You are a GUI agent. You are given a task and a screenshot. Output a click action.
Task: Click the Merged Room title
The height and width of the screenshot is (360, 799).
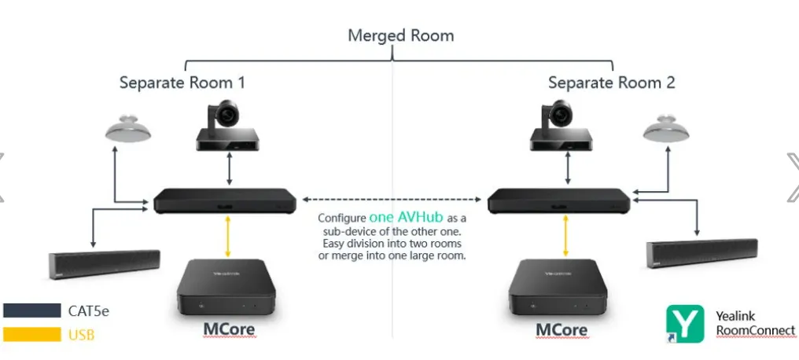pyautogui.click(x=400, y=35)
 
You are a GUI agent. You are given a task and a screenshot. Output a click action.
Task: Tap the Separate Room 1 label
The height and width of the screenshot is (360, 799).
pyautogui.click(x=182, y=83)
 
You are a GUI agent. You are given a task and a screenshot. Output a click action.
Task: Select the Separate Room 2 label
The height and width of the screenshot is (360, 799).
pyautogui.click(x=612, y=83)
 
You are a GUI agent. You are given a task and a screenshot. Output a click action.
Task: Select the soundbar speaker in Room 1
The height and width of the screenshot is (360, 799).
pyautogui.click(x=105, y=264)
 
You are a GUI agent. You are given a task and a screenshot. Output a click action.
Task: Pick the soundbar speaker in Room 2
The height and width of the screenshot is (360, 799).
pyautogui.click(x=701, y=253)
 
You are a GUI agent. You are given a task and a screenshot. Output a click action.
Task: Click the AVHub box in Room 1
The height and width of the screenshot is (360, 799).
pyautogui.click(x=225, y=200)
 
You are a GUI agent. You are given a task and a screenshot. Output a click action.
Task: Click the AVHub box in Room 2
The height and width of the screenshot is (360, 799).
pyautogui.click(x=559, y=200)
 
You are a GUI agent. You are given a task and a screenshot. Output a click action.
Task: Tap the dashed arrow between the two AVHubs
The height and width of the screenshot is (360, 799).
pyautogui.click(x=392, y=199)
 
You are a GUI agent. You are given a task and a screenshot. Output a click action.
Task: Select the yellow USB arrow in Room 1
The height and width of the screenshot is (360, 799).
pyautogui.click(x=228, y=237)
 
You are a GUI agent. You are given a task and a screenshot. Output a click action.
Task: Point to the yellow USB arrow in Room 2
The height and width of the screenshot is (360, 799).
pyautogui.click(x=565, y=237)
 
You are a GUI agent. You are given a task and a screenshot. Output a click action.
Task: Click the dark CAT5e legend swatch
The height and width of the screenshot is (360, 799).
pyautogui.click(x=32, y=310)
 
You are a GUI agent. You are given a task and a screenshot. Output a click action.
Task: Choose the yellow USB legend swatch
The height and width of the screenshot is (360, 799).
pyautogui.click(x=32, y=335)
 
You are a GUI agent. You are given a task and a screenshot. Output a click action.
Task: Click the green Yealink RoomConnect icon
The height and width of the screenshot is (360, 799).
pyautogui.click(x=686, y=323)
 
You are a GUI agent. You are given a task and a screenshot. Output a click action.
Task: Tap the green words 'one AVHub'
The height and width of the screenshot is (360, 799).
pyautogui.click(x=406, y=217)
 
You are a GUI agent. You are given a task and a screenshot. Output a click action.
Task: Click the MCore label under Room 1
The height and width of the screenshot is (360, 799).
pyautogui.click(x=229, y=329)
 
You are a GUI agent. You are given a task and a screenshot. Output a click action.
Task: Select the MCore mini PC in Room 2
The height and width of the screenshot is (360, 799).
pyautogui.click(x=558, y=288)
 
